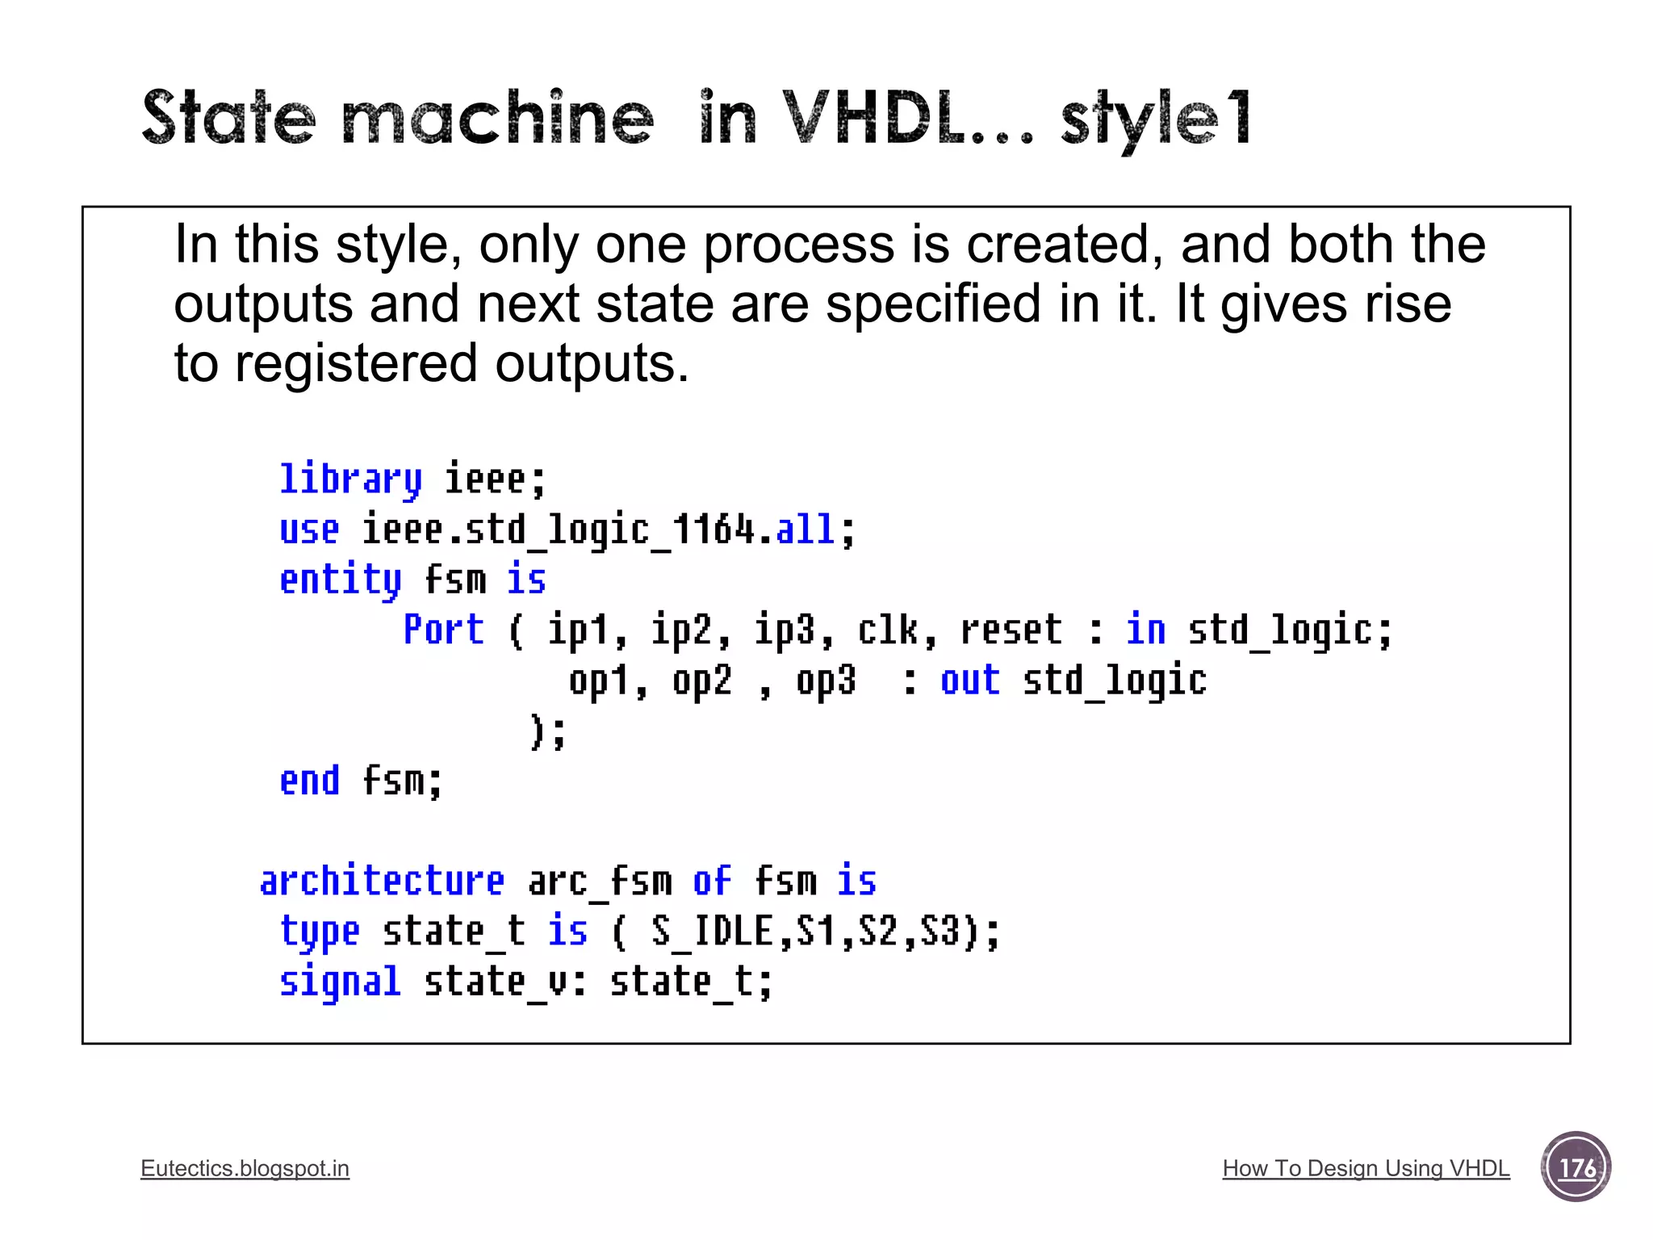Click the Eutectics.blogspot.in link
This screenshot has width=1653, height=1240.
click(x=245, y=1168)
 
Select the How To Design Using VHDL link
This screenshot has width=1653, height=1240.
click(x=1366, y=1168)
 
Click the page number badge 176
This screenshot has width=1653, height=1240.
click(x=1576, y=1167)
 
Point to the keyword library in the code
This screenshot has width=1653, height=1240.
click(x=350, y=480)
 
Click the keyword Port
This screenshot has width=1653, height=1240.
click(x=443, y=630)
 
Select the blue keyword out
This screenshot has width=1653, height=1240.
click(x=969, y=680)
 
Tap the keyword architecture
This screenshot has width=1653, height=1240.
click(x=382, y=880)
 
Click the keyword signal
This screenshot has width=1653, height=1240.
click(x=340, y=982)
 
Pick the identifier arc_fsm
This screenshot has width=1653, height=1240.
click(x=600, y=880)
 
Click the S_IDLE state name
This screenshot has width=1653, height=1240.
click(x=713, y=931)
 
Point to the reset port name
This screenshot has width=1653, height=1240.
click(x=1011, y=630)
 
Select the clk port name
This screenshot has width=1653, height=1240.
click(x=888, y=630)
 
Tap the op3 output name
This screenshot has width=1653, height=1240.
click(x=825, y=681)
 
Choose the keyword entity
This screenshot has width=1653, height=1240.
click(x=340, y=580)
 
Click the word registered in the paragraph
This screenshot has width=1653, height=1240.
click(x=356, y=363)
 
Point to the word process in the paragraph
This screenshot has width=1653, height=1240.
click(x=799, y=245)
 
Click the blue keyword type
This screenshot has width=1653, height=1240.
click(x=320, y=932)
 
